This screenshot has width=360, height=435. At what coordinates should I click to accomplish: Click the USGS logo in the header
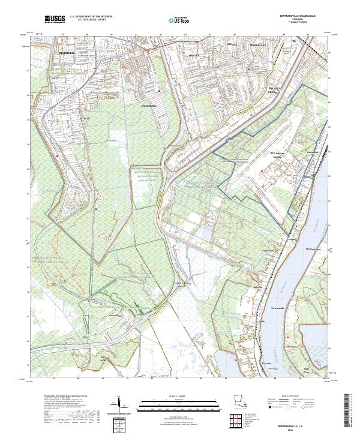pyautogui.click(x=55, y=20)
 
